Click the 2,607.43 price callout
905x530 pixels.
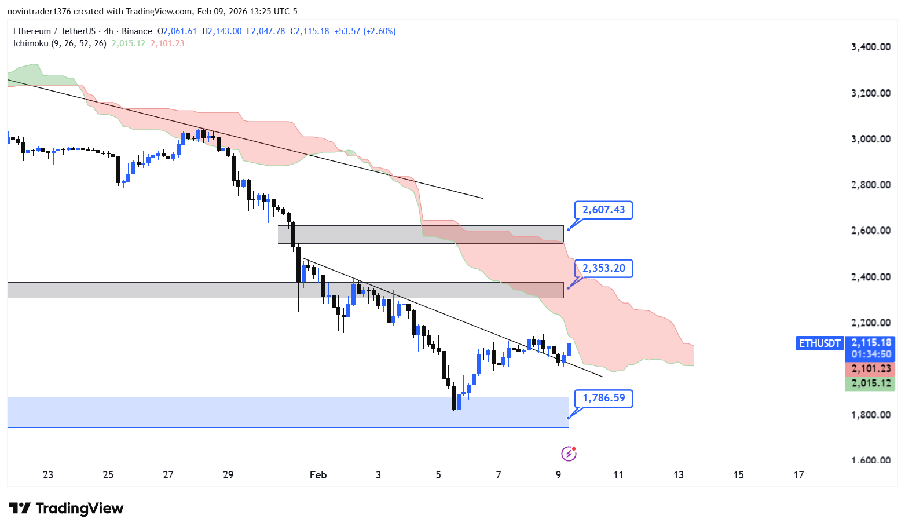click(x=603, y=210)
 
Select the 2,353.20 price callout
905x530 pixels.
click(x=603, y=268)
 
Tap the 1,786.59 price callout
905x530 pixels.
click(x=603, y=398)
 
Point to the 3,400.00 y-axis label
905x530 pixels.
click(x=870, y=47)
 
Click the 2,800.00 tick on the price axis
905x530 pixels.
click(x=870, y=185)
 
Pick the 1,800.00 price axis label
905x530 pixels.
click(x=870, y=415)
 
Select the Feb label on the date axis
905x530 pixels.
click(x=318, y=475)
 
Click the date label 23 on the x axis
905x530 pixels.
click(x=48, y=475)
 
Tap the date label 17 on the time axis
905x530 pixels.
click(x=798, y=475)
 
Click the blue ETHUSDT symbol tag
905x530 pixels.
click(x=819, y=343)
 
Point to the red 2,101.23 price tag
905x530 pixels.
click(x=870, y=369)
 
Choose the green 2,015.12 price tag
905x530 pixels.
click(x=870, y=383)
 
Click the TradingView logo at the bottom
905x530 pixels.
click(x=66, y=509)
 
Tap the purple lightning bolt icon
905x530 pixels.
click(x=569, y=454)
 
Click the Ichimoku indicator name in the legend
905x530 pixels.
click(x=31, y=43)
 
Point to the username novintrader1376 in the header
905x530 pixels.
click(x=39, y=12)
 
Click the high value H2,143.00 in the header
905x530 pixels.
click(x=222, y=31)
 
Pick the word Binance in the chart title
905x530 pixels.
click(x=137, y=31)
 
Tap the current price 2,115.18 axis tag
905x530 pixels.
click(x=870, y=343)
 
